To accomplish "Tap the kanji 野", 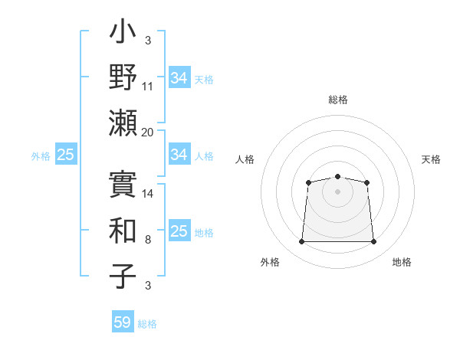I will pyautogui.click(x=123, y=78).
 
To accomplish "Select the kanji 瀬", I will pyautogui.click(x=123, y=123).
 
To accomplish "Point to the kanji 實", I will pyautogui.click(x=123, y=183).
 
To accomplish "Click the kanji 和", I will pyautogui.click(x=123, y=231).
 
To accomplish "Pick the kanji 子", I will pyautogui.click(x=123, y=277).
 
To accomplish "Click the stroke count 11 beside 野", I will pyautogui.click(x=148, y=87).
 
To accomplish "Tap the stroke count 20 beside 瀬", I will pyautogui.click(x=148, y=132).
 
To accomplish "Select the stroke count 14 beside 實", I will pyautogui.click(x=148, y=193).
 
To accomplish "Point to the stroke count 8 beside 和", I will pyautogui.click(x=148, y=240).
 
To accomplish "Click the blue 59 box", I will pyautogui.click(x=122, y=322).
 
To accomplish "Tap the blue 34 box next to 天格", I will pyautogui.click(x=179, y=77).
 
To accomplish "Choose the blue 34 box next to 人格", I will pyautogui.click(x=179, y=155).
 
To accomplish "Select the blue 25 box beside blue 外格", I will pyautogui.click(x=65, y=155).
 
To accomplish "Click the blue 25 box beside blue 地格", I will pyautogui.click(x=179, y=231).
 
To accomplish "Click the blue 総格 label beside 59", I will pyautogui.click(x=147, y=324).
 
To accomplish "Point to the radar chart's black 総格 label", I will pyautogui.click(x=337, y=100).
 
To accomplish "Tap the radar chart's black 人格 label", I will pyautogui.click(x=245, y=159).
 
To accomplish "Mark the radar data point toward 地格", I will pyautogui.click(x=374, y=242).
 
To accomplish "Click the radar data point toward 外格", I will pyautogui.click(x=301, y=242).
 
